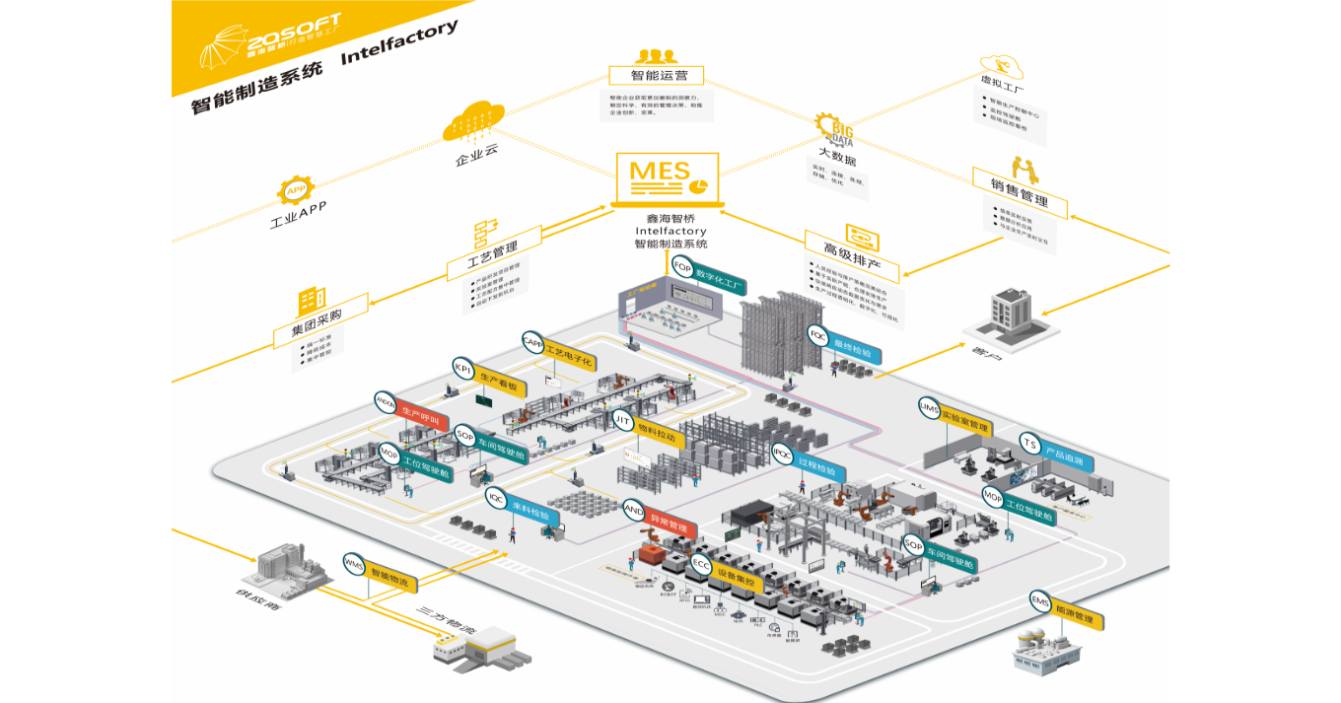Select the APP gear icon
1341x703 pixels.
[x=295, y=189]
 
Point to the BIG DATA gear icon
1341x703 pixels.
[x=834, y=130]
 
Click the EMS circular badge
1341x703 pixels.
[x=1040, y=600]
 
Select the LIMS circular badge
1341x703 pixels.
[x=929, y=407]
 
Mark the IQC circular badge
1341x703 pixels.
[x=496, y=498]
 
